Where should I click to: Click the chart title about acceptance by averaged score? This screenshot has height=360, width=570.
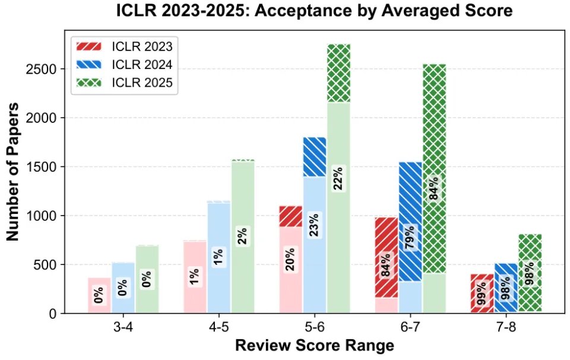(x=314, y=11)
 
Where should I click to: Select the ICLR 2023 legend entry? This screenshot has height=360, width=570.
(x=124, y=46)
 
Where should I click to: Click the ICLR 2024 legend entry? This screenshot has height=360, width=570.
(x=124, y=64)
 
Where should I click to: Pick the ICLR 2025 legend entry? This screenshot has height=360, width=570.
(x=124, y=83)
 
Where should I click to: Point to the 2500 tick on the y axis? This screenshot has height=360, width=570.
(x=41, y=69)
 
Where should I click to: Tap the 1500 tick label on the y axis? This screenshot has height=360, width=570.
(x=41, y=167)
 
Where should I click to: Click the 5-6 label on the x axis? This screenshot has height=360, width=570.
(x=315, y=328)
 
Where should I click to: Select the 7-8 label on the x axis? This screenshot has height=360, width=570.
(x=506, y=328)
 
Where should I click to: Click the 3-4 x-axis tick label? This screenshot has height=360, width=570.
(x=123, y=328)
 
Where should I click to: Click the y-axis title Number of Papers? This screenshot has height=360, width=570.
(x=12, y=172)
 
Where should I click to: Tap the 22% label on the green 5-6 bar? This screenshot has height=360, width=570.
(x=338, y=178)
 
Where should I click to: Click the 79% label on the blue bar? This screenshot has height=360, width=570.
(x=410, y=238)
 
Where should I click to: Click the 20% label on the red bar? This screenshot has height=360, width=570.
(x=290, y=259)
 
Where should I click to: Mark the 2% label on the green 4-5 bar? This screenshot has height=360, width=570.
(x=243, y=236)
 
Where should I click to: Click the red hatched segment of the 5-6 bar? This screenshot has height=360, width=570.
(x=291, y=216)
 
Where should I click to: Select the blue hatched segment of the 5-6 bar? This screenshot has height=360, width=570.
(x=315, y=157)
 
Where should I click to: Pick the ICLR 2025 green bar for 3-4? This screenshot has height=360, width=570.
(x=147, y=279)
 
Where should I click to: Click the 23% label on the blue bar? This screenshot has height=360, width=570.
(x=315, y=225)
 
